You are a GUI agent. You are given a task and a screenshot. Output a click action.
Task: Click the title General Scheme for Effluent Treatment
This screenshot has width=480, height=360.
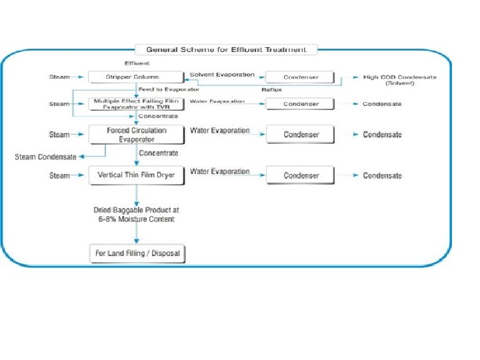[x=227, y=49]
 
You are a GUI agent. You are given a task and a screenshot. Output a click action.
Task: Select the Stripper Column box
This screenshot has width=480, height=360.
[x=136, y=77]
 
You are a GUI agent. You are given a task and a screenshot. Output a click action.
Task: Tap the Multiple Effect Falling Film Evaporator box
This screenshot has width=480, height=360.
[x=136, y=104]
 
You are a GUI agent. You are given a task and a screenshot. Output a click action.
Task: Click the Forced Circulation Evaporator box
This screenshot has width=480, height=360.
[x=136, y=135]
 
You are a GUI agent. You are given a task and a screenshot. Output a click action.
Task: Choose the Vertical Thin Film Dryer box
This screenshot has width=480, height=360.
[x=136, y=175]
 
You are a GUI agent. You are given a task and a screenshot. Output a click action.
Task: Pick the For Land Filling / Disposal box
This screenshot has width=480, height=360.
[x=137, y=253]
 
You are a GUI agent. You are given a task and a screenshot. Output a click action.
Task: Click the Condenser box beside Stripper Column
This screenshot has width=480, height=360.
[x=301, y=77]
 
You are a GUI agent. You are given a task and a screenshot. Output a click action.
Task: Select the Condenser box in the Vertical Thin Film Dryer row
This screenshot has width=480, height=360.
[x=301, y=175]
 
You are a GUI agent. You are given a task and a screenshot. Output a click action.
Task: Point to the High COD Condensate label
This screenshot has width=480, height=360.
[x=399, y=77]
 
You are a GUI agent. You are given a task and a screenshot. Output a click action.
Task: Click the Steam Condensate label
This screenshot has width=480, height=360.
[x=45, y=157]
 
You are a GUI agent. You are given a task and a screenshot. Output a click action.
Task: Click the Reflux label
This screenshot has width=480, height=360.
[x=271, y=89]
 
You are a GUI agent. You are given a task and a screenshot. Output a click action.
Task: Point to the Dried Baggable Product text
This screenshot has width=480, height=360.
[x=136, y=214]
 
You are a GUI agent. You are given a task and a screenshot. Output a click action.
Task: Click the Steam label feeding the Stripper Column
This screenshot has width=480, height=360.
[x=59, y=77]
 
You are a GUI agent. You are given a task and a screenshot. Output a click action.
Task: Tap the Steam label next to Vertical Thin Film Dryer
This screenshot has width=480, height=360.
[x=59, y=175]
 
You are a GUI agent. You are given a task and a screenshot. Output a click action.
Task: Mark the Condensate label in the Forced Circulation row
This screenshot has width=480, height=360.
[x=382, y=135]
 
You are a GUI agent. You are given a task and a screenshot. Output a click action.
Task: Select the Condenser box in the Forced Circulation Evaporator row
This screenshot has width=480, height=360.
[x=301, y=135]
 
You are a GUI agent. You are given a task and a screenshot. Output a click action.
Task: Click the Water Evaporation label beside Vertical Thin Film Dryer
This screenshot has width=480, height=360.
[x=219, y=171]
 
